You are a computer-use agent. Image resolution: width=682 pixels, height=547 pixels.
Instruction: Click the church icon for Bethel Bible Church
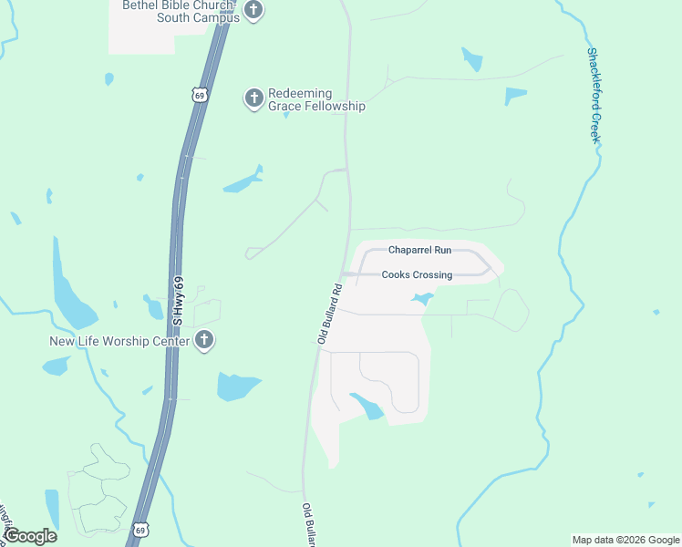point(253,11)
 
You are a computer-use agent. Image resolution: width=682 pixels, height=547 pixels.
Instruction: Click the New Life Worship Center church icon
point(204,340)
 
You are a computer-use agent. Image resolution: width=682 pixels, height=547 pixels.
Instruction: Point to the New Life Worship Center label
point(119,342)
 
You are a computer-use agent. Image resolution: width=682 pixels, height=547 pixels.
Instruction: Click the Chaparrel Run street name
point(419,249)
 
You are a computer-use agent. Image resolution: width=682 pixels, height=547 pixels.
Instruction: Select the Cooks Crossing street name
point(417,274)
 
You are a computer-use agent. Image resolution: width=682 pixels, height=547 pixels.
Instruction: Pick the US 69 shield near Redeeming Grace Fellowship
point(199,94)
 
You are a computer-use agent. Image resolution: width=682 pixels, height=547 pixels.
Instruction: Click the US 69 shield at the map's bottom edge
point(139,529)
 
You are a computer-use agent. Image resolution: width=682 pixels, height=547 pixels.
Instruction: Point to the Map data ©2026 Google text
point(625,540)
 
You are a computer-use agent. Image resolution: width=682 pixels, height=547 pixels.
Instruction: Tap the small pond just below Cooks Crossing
point(421,298)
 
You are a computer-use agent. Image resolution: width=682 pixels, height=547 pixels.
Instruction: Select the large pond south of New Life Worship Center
point(238,387)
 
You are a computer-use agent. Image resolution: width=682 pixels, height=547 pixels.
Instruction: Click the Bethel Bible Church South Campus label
point(181,11)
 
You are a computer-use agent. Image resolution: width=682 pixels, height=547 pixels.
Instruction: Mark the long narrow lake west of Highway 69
point(70,292)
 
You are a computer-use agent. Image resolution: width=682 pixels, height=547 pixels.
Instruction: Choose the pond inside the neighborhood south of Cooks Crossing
point(367,406)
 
